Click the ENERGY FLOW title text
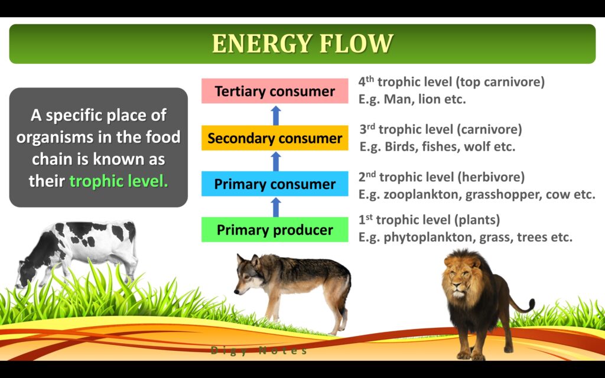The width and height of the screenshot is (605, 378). [302, 43]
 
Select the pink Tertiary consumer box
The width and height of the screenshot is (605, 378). [275, 91]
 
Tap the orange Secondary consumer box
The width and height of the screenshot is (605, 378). [275, 138]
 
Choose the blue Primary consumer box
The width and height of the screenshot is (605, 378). [275, 184]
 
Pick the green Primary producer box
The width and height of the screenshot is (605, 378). [275, 230]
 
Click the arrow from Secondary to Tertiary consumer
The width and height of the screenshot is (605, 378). [275, 115]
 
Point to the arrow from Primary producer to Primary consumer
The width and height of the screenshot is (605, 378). [275, 207]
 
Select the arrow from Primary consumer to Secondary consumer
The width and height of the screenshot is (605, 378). [275, 161]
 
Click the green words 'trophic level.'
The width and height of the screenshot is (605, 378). [119, 181]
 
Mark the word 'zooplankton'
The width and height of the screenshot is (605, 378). [422, 194]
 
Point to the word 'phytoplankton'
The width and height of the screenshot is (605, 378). [428, 237]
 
